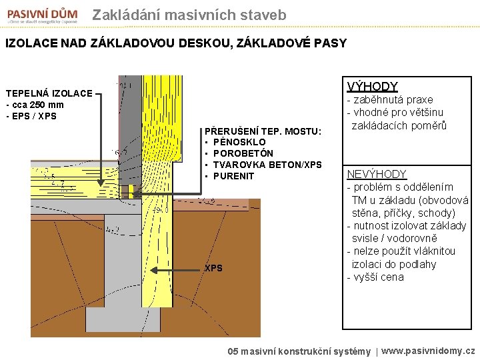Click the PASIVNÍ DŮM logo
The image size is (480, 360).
[41, 15]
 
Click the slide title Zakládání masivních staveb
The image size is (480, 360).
[189, 15]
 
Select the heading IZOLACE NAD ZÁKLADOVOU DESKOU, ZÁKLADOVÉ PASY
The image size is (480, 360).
[176, 43]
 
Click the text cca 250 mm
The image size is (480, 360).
[37, 105]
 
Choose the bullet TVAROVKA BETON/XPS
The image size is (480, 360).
[267, 165]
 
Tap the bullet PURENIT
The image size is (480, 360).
[234, 176]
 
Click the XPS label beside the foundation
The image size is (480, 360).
[213, 268]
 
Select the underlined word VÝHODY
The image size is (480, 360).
[372, 87]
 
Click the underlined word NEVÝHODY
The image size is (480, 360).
[377, 174]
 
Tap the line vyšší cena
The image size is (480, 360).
[377, 277]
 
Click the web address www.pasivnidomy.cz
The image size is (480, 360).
[428, 350]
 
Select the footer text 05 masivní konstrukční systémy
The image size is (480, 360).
[299, 351]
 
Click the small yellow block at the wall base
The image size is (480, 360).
[133, 191]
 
